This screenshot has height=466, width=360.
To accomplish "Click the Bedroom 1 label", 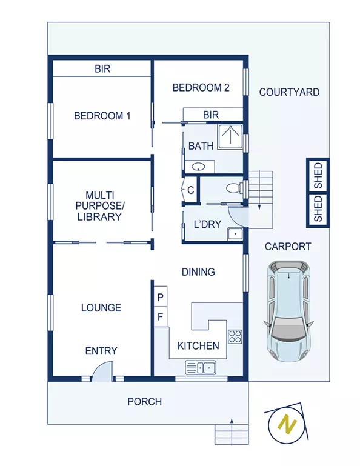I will [102, 116].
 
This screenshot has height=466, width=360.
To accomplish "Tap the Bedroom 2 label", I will [201, 88].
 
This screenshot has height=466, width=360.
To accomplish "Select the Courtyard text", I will [289, 92].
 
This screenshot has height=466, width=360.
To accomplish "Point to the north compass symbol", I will [285, 425].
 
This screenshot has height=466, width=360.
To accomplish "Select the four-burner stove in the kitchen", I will [235, 336].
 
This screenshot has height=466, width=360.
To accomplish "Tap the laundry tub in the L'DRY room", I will [235, 234].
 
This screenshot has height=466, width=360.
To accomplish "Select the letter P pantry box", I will [161, 297].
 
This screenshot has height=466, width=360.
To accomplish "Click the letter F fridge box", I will [161, 316].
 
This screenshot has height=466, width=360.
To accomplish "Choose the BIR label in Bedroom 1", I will [102, 68].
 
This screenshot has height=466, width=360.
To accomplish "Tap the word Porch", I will [144, 401].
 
